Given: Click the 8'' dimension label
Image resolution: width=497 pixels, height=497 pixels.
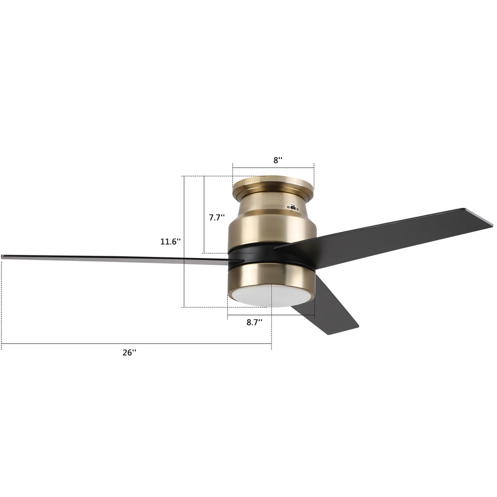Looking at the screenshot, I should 278,160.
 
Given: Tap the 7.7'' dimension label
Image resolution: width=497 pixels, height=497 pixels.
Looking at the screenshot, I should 217,217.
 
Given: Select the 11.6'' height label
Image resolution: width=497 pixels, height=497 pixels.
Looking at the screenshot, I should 170,242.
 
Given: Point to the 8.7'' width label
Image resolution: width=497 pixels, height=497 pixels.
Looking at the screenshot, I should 254,322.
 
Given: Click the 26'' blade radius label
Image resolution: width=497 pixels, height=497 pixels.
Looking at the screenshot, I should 129,352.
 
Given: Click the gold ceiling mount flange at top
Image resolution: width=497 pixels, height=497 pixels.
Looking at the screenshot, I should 273,185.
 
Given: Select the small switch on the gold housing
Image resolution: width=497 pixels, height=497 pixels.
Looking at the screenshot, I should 294,207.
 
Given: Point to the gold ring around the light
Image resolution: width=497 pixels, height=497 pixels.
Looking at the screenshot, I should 271,276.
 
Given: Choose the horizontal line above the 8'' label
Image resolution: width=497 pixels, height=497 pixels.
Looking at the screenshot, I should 273,168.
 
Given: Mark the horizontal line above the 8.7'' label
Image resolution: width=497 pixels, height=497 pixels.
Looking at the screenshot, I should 271,315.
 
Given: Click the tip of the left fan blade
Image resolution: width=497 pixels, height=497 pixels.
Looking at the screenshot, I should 4,257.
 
